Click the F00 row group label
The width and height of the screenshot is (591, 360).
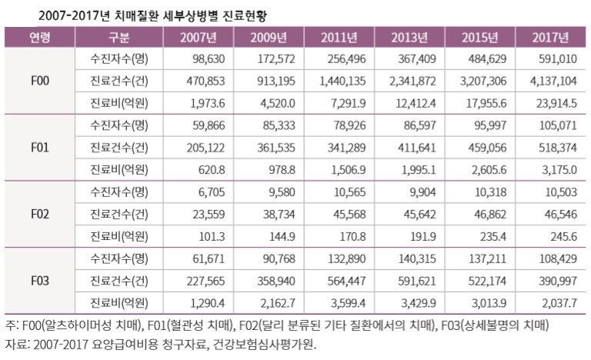(40, 81)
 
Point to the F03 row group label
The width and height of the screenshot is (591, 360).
(40, 280)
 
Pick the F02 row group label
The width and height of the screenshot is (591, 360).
(40, 213)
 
